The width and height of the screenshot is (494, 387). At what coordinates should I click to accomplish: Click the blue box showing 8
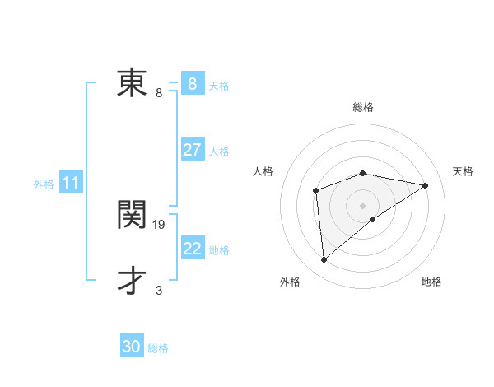point(192,83)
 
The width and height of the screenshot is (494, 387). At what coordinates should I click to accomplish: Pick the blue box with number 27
point(192,150)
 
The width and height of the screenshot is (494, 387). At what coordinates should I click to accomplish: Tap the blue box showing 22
point(192,248)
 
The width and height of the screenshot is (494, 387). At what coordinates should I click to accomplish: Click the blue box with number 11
point(70,183)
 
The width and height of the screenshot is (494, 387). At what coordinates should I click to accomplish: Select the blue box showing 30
point(132,347)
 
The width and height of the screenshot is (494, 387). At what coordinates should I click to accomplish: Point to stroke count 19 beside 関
point(160,224)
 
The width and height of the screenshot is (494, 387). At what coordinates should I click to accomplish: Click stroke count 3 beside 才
point(159,290)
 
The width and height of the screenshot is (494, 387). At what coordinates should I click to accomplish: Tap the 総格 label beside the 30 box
point(158,348)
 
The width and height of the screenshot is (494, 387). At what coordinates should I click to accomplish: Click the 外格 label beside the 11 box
point(44,184)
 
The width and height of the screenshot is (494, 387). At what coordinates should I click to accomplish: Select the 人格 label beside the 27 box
point(219,152)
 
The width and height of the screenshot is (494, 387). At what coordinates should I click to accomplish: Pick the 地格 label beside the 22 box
point(219,249)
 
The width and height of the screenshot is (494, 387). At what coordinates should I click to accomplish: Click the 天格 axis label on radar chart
point(463,171)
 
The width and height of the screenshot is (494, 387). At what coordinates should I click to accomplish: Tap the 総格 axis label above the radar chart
point(363,107)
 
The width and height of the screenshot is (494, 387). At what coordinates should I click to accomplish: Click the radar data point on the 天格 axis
point(426,185)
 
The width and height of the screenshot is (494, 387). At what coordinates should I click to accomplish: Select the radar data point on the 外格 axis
point(324,260)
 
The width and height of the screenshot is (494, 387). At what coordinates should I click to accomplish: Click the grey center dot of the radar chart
point(362,205)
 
